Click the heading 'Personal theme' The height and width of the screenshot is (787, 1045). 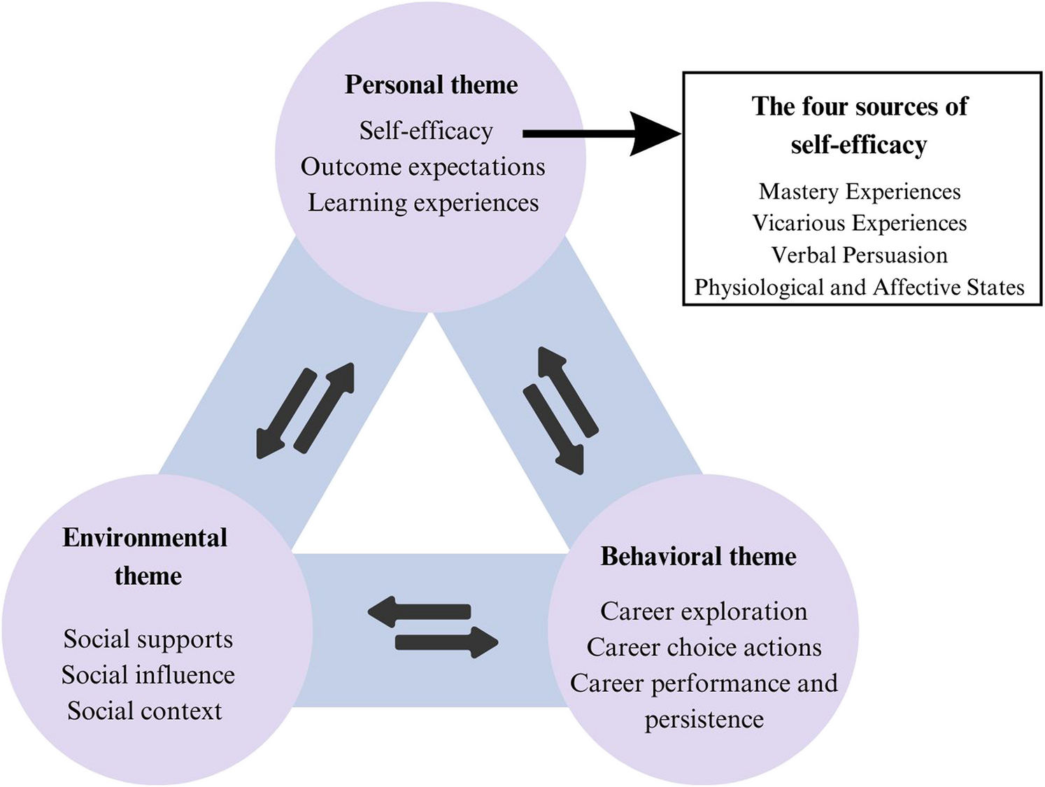431,85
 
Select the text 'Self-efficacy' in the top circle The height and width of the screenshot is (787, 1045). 426,131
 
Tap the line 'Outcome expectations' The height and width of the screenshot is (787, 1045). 422,166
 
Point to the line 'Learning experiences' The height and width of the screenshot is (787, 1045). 423,203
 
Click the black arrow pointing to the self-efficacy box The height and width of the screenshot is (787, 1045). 602,134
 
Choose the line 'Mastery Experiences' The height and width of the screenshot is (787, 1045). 860,191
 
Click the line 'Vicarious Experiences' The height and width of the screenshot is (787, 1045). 860,223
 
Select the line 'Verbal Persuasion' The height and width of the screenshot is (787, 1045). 860,255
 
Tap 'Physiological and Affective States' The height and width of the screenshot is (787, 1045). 860,288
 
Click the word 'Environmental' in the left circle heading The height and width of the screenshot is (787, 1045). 145,537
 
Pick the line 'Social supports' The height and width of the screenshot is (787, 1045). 148,639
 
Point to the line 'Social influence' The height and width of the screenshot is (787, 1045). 148,675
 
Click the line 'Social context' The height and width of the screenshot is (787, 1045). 145,711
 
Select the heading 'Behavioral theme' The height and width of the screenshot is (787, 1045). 698,556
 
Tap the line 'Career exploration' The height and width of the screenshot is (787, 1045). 704,611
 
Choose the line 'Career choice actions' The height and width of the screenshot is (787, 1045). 704,648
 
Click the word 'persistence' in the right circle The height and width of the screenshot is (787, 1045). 704,719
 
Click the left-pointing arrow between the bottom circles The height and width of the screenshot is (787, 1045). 420,612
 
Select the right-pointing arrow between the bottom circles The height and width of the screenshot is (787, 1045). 446,642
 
